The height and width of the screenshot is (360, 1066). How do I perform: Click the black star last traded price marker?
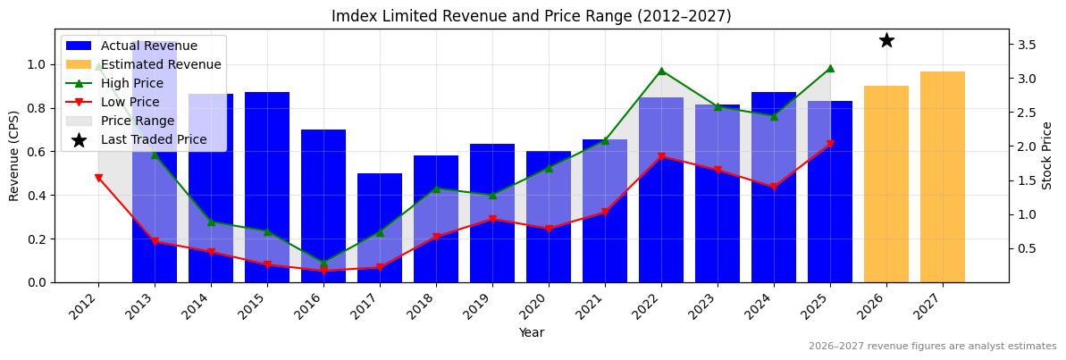click(x=886, y=40)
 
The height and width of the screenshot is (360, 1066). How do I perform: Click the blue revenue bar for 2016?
click(x=323, y=205)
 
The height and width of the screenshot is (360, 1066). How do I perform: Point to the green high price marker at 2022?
click(x=661, y=71)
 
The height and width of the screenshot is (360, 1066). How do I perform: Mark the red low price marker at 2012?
click(x=98, y=178)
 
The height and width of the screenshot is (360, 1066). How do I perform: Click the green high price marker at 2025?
click(x=830, y=68)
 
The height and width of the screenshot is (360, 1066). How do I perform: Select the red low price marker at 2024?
click(x=774, y=187)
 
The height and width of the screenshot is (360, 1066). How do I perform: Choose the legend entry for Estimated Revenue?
click(x=161, y=64)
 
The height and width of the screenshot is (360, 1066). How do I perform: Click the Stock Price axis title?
click(x=1047, y=155)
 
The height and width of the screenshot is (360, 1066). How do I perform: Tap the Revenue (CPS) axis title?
click(x=14, y=155)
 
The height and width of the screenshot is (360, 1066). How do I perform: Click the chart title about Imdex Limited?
click(x=531, y=16)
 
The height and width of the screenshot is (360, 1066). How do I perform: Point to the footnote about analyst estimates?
click(x=932, y=347)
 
